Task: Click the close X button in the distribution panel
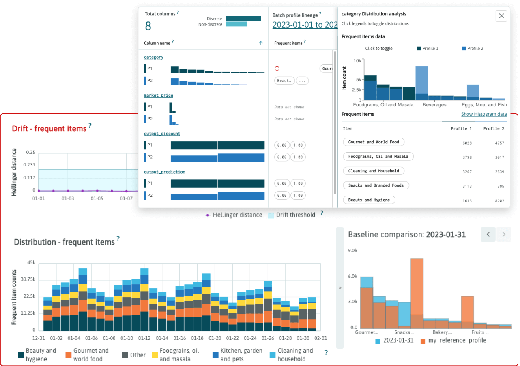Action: click(501, 16)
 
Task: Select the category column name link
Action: click(154, 57)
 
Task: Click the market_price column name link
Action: click(159, 96)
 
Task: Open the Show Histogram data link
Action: click(483, 114)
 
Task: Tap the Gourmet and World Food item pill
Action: click(374, 142)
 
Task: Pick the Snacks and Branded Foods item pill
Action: click(376, 185)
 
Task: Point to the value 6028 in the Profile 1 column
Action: click(466, 143)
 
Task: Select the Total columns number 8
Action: click(148, 26)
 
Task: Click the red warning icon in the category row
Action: click(277, 69)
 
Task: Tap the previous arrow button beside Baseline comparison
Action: click(488, 234)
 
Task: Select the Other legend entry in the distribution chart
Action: click(133, 355)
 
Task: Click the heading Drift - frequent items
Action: click(49, 128)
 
